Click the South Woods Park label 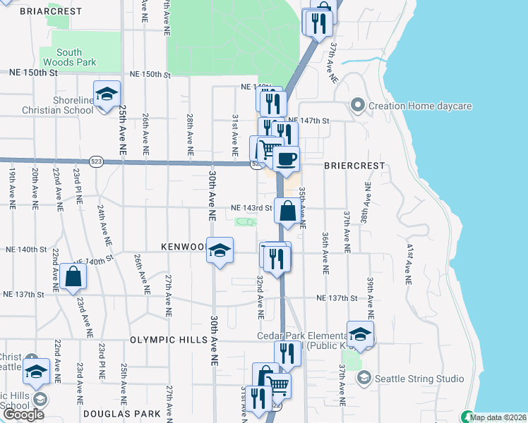pyautogui.click(x=69, y=57)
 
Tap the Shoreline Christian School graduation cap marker pyautogui.click(x=107, y=95)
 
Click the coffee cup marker pyautogui.click(x=285, y=159)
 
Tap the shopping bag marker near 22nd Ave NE pyautogui.click(x=73, y=278)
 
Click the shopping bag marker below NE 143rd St pyautogui.click(x=288, y=211)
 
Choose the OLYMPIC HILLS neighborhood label pyautogui.click(x=168, y=339)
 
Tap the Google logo pyautogui.click(x=23, y=415)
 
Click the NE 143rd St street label pyautogui.click(x=252, y=208)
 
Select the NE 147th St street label pyautogui.click(x=309, y=121)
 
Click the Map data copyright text pyautogui.click(x=498, y=417)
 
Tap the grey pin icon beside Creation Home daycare pyautogui.click(x=357, y=106)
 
